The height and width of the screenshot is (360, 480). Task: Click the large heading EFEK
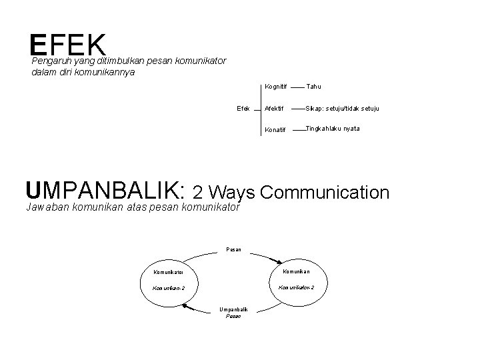68,45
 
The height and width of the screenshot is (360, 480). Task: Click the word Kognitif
275,87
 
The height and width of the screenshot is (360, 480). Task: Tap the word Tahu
314,87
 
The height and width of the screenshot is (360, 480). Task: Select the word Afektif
274,108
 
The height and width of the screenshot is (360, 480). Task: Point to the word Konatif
274,129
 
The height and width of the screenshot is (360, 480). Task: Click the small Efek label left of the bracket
243,107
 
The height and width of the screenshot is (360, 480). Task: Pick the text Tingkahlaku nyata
333,129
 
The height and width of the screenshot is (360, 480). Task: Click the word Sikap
314,108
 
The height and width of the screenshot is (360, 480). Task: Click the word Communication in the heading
325,193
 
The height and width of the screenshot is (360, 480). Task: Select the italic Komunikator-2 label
296,287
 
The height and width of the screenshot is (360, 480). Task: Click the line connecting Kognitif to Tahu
297,87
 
